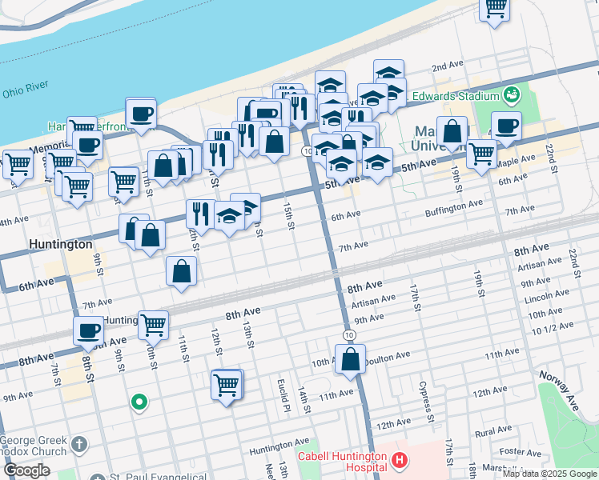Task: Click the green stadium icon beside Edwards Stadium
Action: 510,96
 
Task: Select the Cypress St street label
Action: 426,400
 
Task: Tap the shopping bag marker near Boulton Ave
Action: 351,359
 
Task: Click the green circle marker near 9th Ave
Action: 139,402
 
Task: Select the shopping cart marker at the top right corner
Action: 495,8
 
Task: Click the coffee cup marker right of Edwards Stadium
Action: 506,126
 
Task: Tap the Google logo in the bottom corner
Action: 26,470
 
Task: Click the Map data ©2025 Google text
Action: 549,474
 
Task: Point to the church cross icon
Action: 78,443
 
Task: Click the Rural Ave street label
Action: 492,431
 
